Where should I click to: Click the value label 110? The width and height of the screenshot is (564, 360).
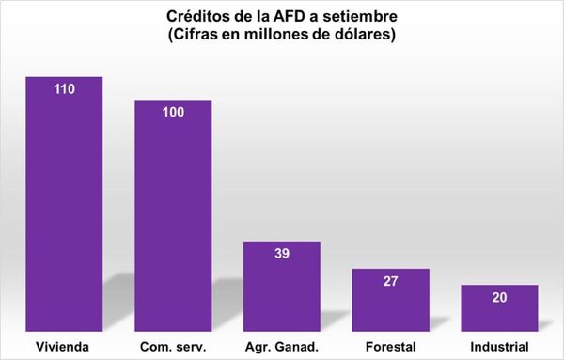64,90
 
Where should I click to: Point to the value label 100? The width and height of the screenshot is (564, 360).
172,113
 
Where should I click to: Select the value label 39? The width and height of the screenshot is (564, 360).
281,256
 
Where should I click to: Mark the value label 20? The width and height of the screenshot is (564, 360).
499,298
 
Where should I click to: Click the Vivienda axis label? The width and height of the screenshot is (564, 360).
64,346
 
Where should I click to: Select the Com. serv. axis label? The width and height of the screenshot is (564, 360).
172,346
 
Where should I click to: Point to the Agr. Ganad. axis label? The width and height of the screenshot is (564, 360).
281,346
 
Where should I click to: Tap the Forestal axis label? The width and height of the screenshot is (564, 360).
390,346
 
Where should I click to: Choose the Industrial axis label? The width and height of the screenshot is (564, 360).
499,346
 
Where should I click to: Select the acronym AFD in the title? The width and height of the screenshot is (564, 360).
305,18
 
